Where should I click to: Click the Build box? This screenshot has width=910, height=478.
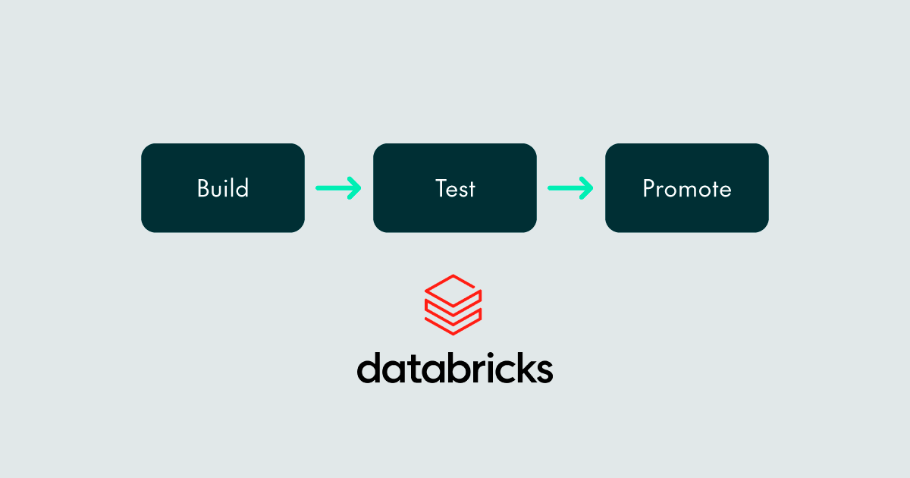point(223,188)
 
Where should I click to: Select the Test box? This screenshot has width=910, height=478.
point(454,188)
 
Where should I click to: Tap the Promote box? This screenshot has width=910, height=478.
point(686,188)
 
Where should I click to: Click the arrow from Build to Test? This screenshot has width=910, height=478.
point(338,188)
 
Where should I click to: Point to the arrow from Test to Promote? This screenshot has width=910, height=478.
point(570,188)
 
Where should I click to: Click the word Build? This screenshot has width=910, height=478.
point(223,188)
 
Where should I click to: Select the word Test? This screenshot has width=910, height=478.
point(455,189)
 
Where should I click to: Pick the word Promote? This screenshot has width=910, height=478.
point(687,189)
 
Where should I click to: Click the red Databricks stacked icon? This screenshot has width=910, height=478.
point(453,305)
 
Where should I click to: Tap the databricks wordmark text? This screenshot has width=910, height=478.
point(455,367)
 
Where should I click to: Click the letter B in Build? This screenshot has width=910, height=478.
point(204,188)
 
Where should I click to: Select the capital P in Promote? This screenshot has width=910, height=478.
point(649,188)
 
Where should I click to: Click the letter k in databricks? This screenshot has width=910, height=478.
point(525,367)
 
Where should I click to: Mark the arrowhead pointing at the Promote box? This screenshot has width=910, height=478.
point(585,188)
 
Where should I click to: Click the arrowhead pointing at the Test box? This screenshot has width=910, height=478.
point(354,188)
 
